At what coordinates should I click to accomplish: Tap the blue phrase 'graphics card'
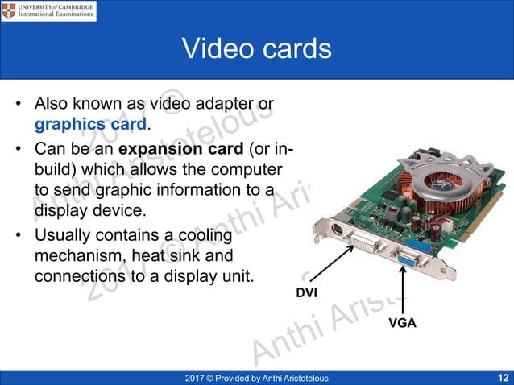[x=90, y=125]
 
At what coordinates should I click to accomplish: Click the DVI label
[x=308, y=292]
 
